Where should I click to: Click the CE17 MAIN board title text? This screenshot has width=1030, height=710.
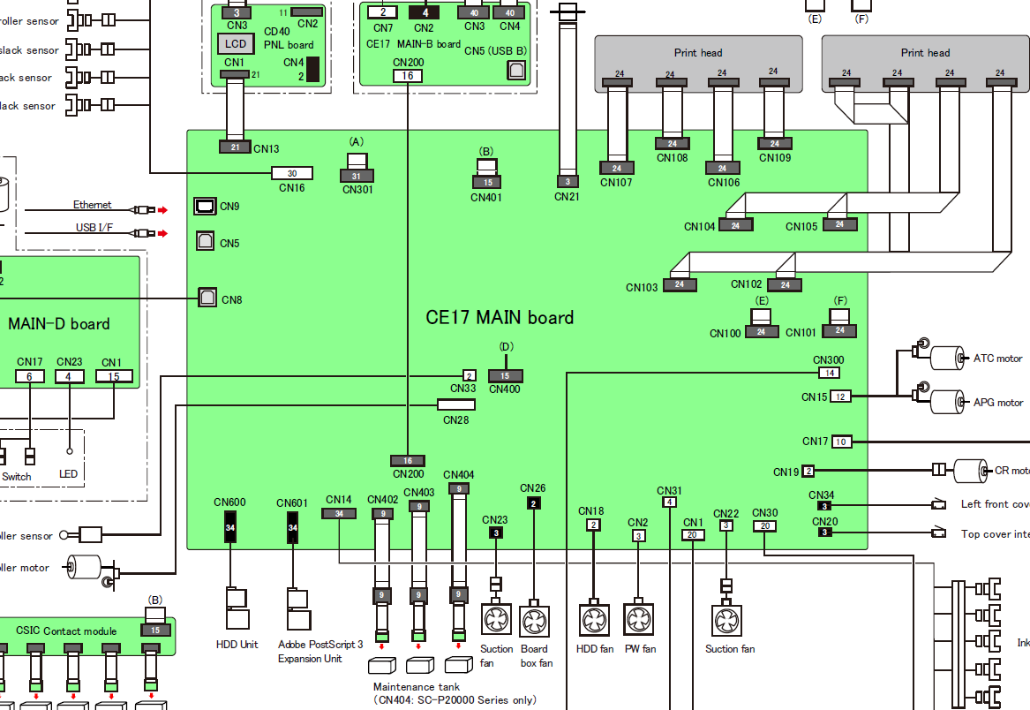pyautogui.click(x=500, y=317)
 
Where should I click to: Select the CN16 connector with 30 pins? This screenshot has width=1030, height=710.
pyautogui.click(x=292, y=173)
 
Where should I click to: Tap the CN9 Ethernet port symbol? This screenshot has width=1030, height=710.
pyautogui.click(x=205, y=206)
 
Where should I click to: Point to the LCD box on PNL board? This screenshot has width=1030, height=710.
pyautogui.click(x=235, y=43)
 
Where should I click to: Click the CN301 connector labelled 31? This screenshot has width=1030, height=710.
pyautogui.click(x=357, y=176)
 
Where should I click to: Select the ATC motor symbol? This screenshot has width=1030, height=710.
pyautogui.click(x=947, y=358)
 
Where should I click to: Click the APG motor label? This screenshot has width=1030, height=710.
pyautogui.click(x=997, y=403)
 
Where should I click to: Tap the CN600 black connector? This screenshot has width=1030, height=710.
pyautogui.click(x=230, y=528)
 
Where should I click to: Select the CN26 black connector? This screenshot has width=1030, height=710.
pyautogui.click(x=533, y=504)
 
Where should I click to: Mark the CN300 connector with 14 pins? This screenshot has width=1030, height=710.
pyautogui.click(x=830, y=373)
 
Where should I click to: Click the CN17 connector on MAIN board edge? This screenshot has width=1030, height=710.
pyautogui.click(x=840, y=442)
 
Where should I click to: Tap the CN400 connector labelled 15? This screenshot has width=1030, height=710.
pyautogui.click(x=505, y=376)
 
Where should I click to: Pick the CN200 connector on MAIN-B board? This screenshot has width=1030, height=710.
pyautogui.click(x=408, y=76)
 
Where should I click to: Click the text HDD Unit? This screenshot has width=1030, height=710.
pyautogui.click(x=237, y=645)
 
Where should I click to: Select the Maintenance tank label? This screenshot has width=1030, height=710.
pyautogui.click(x=416, y=687)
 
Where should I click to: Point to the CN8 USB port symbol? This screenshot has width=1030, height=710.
pyautogui.click(x=207, y=298)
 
